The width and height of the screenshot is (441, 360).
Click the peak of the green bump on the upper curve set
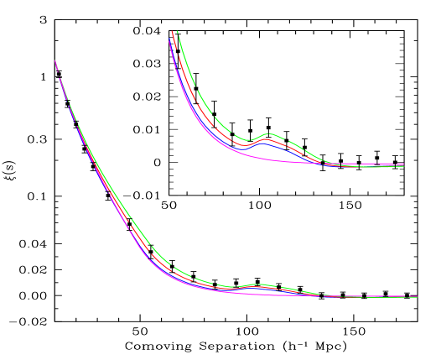coord(268,133)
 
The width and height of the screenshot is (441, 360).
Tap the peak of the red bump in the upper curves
coord(266,138)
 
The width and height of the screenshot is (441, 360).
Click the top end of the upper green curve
coord(177,32)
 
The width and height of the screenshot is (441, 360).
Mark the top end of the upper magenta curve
coord(170,40)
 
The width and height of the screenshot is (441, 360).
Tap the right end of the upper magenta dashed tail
coord(404,164)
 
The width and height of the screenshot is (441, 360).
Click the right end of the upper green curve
coord(404,166)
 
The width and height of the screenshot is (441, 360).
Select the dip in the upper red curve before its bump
coord(246,144)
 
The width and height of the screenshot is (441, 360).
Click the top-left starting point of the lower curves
coord(55,60)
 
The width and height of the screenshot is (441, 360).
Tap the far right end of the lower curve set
coord(418,296)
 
